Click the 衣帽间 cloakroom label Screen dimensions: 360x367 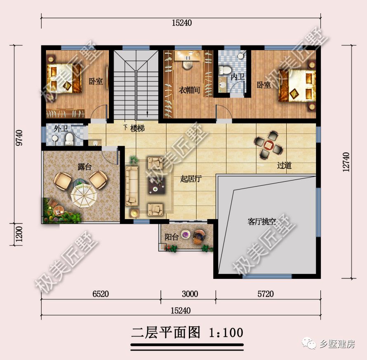click(189, 90)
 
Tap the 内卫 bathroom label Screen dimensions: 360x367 click(238, 77)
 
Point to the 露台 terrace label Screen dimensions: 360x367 click(85, 167)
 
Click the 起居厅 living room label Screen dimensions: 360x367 click(191, 179)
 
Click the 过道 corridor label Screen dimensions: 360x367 click(284, 166)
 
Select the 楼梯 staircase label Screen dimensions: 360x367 click(137, 129)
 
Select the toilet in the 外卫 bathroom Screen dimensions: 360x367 click(69, 139)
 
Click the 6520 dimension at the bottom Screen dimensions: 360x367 click(100, 294)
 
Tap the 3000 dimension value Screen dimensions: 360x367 click(190, 294)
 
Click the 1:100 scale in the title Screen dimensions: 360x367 click(226, 332)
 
